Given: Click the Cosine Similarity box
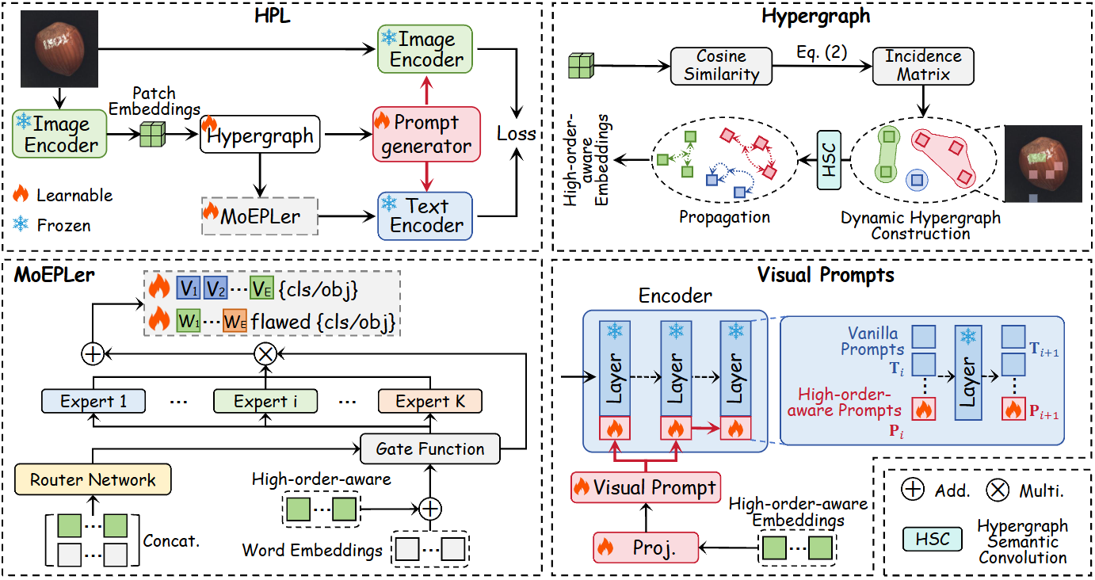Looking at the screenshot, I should click(722, 66).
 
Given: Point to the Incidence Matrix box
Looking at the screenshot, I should click(922, 66).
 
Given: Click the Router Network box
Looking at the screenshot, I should click(93, 479).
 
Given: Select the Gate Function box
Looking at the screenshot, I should click(429, 449).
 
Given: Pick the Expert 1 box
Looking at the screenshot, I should click(93, 401).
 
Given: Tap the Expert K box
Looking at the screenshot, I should click(429, 401).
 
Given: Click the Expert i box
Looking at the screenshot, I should click(265, 401).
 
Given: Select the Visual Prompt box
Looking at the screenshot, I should click(647, 487).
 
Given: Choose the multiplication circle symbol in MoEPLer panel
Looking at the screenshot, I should click(264, 354).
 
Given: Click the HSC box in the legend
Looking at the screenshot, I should click(931, 539).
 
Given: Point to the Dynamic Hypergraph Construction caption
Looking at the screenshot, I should click(921, 225).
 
